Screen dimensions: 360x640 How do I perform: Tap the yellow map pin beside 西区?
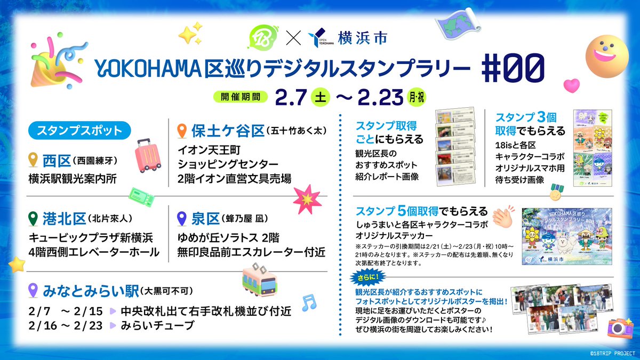34,159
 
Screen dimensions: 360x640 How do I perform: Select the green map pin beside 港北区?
34,219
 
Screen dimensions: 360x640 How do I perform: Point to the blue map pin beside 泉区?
182,219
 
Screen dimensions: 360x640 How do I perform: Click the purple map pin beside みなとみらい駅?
34,291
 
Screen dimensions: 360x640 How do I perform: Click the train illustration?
259,279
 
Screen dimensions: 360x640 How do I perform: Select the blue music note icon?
308,303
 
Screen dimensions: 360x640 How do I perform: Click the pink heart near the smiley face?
571,85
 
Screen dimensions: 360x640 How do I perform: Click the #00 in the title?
511,68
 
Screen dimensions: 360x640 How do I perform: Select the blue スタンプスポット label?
77,131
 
